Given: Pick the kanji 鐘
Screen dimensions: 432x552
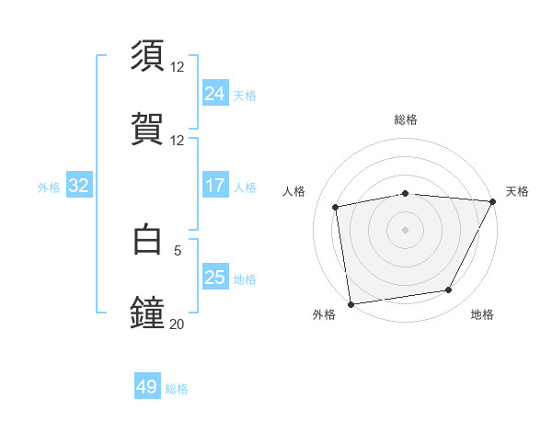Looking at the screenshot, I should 148,313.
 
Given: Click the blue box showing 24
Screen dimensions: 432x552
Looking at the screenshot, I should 214,94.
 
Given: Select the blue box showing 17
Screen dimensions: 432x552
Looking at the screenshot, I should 214,186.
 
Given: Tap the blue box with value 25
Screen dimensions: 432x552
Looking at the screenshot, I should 214,278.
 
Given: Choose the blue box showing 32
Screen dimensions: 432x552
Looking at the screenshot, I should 79,186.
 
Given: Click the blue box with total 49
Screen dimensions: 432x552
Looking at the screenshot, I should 147,387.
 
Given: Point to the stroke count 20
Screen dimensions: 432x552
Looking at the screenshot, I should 177,324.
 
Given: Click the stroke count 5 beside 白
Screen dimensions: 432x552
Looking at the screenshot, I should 177,248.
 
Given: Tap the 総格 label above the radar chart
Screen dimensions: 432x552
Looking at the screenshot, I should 406,119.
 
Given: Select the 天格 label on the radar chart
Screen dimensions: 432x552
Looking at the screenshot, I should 517,191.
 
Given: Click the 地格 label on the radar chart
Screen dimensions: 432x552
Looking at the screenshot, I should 482,315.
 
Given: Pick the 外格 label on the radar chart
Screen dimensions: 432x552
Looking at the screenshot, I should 324,315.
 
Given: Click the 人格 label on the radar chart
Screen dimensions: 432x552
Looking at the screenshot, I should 294,191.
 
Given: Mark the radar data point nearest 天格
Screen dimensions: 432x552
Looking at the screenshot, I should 494,201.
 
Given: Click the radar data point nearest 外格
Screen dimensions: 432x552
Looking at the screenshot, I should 351,303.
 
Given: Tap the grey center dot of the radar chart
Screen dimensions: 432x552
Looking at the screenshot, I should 406,229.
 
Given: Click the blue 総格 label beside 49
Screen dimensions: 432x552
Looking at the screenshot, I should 177,389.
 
